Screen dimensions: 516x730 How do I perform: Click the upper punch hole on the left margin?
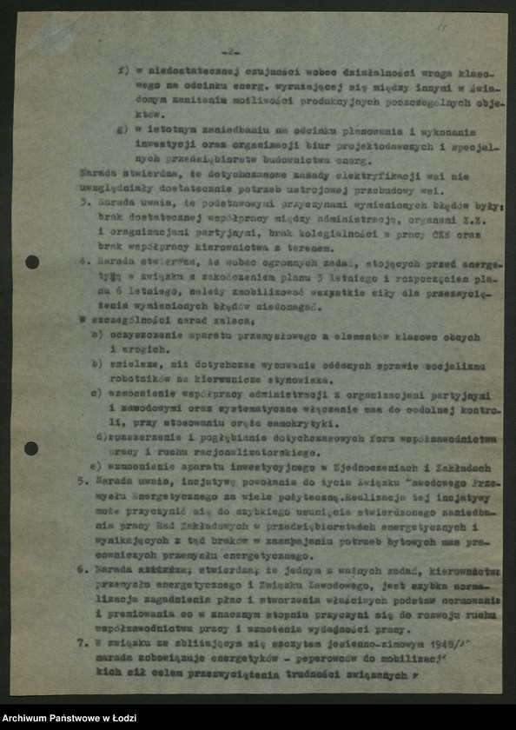(32, 262)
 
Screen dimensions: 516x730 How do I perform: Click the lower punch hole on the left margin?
(31, 448)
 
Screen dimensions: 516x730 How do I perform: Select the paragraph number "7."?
(81, 647)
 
